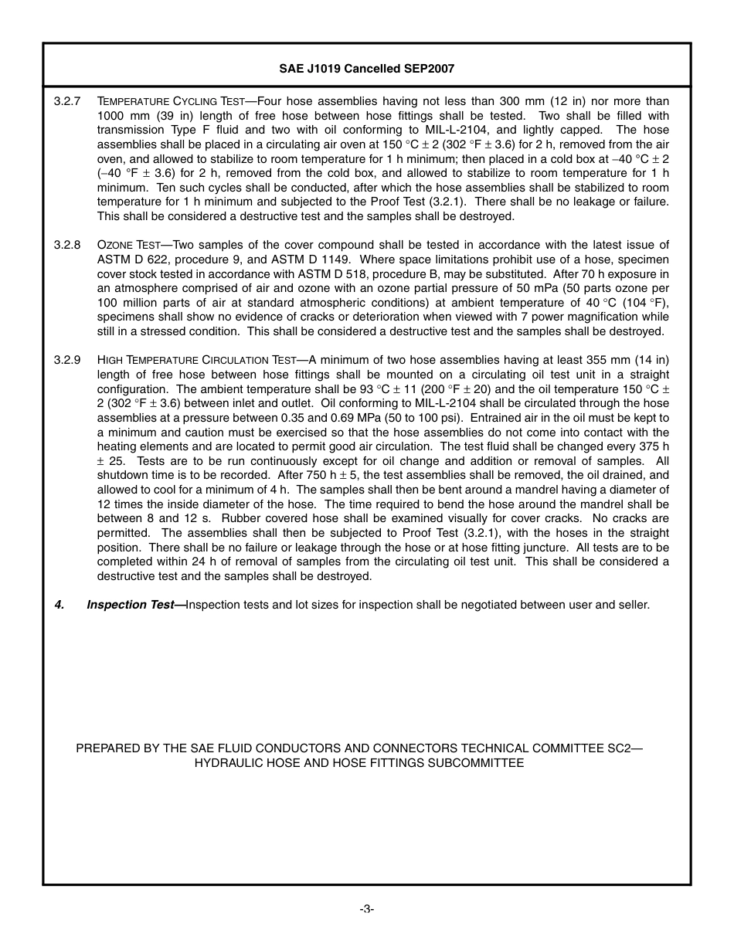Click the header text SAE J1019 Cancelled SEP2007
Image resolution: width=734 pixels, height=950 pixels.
point(366,69)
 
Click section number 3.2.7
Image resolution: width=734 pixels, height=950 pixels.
point(67,101)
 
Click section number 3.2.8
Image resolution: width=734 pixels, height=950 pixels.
point(67,245)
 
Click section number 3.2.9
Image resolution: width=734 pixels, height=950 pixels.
point(67,360)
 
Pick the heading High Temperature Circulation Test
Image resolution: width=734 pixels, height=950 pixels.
point(196,360)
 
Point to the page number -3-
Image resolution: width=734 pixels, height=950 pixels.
point(366,909)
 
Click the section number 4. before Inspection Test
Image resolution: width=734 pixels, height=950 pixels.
point(59,605)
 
